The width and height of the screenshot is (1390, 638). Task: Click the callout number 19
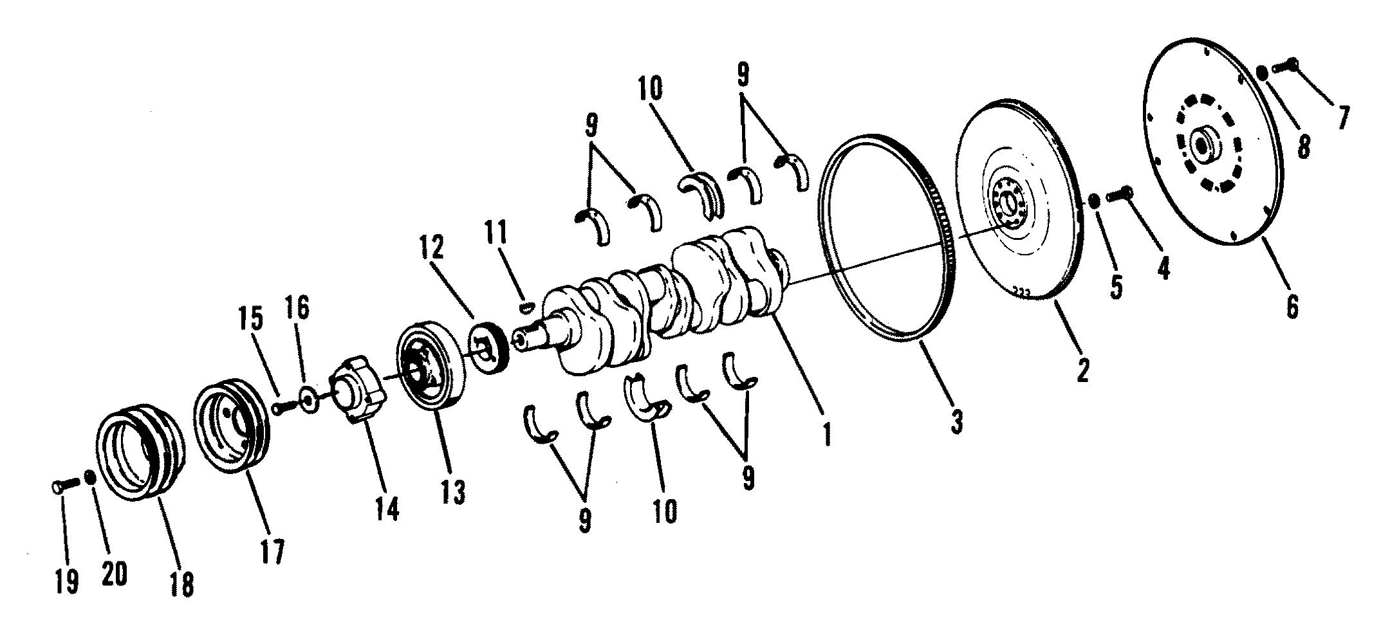coord(67,581)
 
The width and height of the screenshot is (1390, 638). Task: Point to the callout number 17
coord(272,551)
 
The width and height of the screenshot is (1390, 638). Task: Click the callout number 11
coord(497,232)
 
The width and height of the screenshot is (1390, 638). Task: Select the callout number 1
coord(826,434)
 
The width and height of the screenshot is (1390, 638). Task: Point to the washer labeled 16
coord(310,402)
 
